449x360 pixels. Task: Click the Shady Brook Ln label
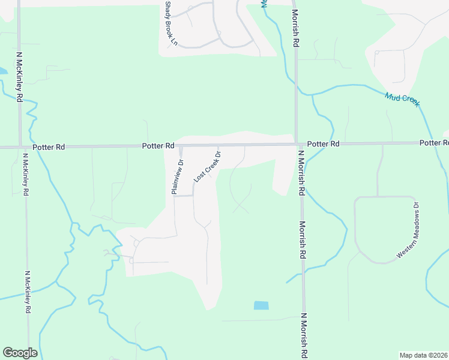tap(172, 24)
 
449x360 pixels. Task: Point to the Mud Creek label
tap(402, 99)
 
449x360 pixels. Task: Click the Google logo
tap(20, 353)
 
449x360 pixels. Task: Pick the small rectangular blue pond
tap(261, 305)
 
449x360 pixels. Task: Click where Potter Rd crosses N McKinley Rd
tap(21, 146)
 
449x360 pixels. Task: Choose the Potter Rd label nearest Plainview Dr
tap(158, 146)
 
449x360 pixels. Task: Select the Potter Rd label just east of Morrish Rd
tap(323, 144)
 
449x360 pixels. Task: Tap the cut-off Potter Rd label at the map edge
tap(434, 143)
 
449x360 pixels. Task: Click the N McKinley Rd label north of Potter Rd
tap(19, 76)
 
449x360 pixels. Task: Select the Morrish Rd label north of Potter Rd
tap(296, 28)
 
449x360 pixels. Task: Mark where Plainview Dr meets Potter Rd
tap(180, 146)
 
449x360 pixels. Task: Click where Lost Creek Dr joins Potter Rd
tap(218, 145)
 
